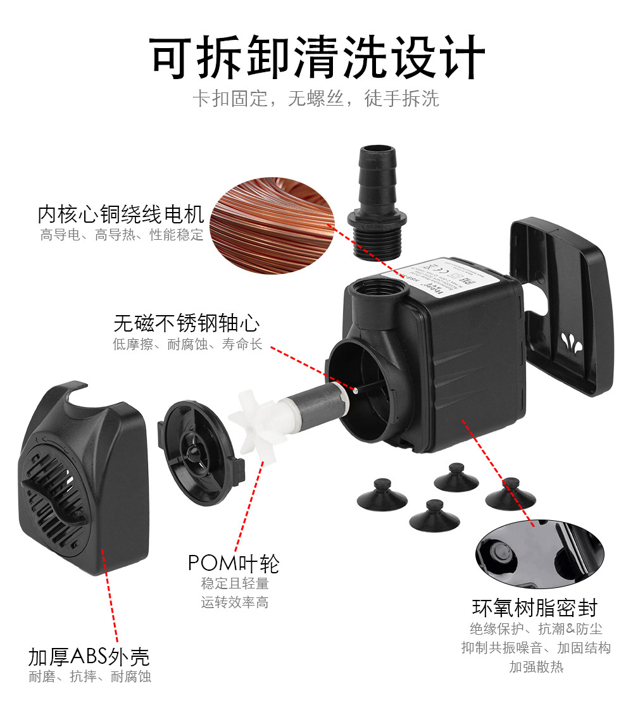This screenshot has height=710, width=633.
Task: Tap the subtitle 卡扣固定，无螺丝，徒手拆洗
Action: click(316, 99)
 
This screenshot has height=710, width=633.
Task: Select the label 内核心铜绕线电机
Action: click(120, 215)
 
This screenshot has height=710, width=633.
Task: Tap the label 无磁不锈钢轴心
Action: click(186, 323)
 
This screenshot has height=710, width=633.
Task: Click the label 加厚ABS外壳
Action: click(89, 656)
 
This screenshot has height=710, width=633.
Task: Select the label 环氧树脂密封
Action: click(535, 608)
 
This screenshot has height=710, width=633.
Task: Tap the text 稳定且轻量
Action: click(235, 583)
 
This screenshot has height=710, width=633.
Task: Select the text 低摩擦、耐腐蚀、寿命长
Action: click(187, 345)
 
